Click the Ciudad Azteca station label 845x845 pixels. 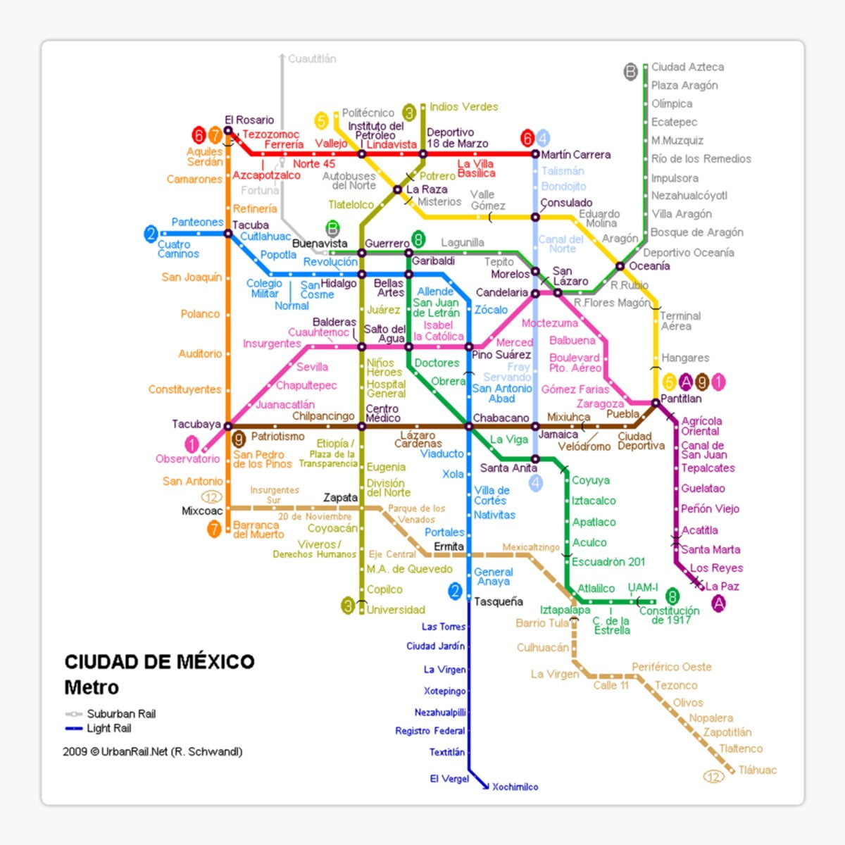pyautogui.click(x=687, y=67)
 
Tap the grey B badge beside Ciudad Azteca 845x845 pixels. pyautogui.click(x=631, y=71)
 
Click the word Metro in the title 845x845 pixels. pyautogui.click(x=92, y=687)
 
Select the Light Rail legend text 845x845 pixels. pyautogui.click(x=109, y=728)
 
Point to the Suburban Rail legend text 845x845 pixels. pyautogui.click(x=121, y=713)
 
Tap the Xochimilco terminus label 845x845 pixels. pyautogui.click(x=515, y=787)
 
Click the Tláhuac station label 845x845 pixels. pyautogui.click(x=757, y=770)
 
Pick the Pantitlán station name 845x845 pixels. pyautogui.click(x=681, y=399)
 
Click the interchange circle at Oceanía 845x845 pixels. pyautogui.click(x=620, y=266)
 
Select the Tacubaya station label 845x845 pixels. pyautogui.click(x=196, y=424)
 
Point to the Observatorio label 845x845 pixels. pyautogui.click(x=187, y=458)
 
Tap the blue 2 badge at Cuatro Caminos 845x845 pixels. pyautogui.click(x=151, y=234)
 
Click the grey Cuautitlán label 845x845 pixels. pyautogui.click(x=312, y=59)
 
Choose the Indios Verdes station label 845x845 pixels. pyautogui.click(x=463, y=107)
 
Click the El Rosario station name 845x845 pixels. pyautogui.click(x=249, y=120)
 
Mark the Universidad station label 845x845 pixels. pyautogui.click(x=396, y=610)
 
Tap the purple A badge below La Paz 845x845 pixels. pyautogui.click(x=718, y=603)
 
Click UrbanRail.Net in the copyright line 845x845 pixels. pyautogui.click(x=134, y=751)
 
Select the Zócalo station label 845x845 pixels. pyautogui.click(x=491, y=310)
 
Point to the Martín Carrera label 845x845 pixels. pyautogui.click(x=575, y=155)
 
